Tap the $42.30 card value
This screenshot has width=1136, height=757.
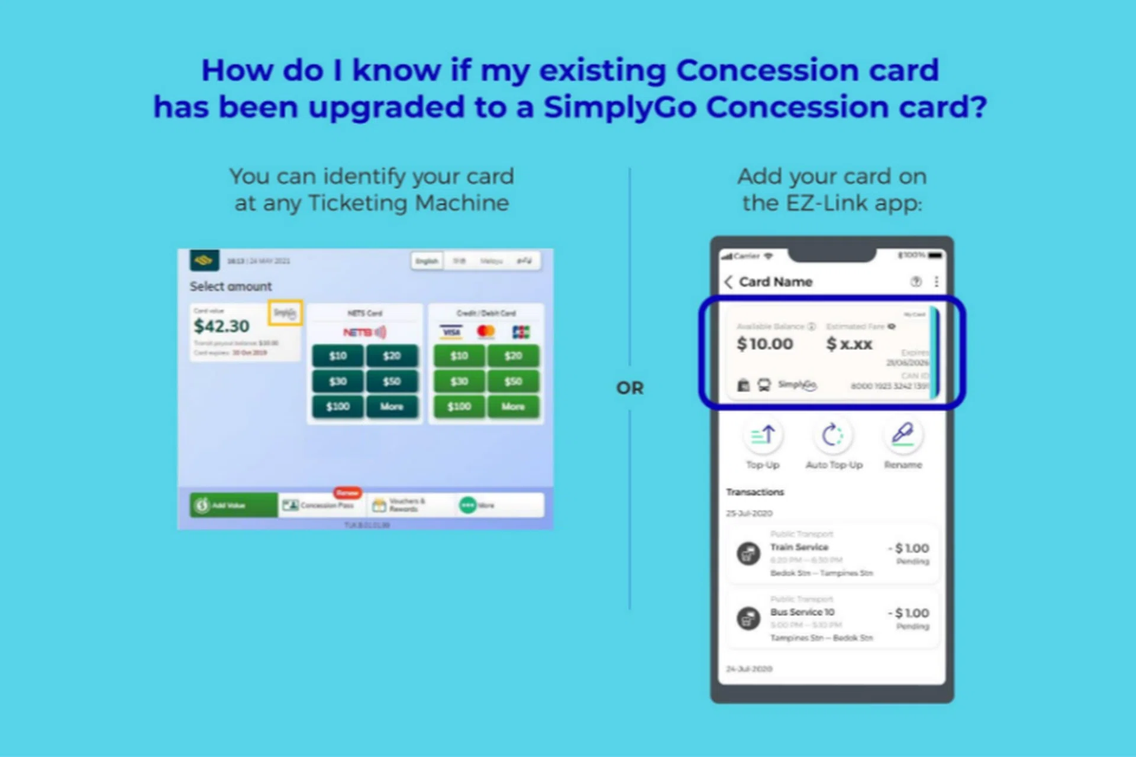[222, 326]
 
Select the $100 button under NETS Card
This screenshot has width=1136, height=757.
[337, 407]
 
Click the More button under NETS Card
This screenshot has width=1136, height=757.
[392, 407]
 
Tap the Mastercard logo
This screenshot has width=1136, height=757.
[486, 332]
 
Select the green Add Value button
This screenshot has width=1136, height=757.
[233, 506]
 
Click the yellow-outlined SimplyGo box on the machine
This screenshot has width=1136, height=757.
[285, 313]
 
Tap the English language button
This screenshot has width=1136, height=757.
[427, 261]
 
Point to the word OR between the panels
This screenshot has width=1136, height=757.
[630, 388]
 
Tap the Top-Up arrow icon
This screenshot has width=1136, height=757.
[763, 436]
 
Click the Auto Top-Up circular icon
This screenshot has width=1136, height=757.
[832, 436]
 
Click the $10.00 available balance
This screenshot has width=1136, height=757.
[764, 344]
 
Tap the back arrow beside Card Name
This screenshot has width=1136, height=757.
[729, 282]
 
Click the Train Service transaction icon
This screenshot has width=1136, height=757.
[748, 554]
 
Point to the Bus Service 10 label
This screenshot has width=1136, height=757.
[802, 612]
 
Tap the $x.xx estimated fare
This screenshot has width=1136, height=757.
[849, 344]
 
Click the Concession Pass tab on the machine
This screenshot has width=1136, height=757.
[320, 506]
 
